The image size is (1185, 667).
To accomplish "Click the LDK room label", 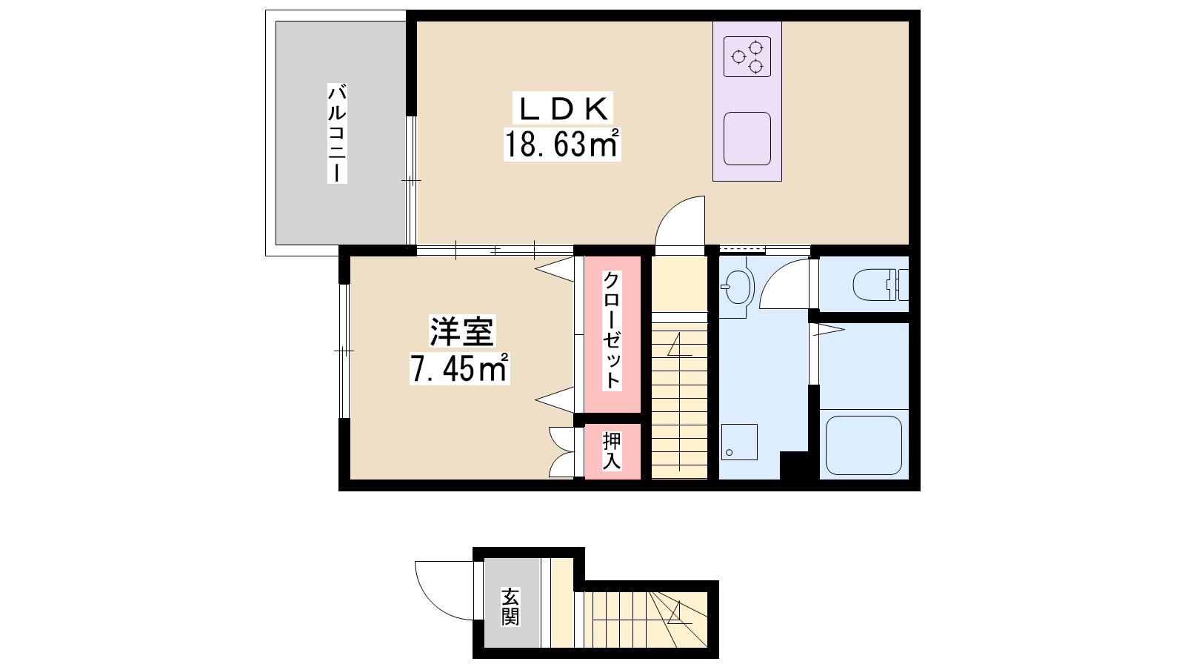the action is point(563,110).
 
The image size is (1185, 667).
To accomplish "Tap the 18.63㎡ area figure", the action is point(562,144).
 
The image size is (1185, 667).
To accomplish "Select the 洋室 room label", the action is point(462,332).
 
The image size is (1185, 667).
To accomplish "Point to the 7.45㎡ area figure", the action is point(460,368).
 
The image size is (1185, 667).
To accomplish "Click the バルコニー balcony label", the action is point(338,133).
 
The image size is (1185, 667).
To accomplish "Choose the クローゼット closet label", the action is point(612,331).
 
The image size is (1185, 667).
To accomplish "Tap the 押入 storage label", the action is point(612,451).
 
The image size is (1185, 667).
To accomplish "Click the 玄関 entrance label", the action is point(510,607).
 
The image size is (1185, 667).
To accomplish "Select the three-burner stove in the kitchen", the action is point(747,56).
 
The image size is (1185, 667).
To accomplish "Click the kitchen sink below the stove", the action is point(747,139).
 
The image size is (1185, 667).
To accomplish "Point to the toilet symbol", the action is point(881,285).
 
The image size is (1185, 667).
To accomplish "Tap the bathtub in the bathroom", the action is point(864,445).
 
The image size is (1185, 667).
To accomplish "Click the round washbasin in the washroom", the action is point(737,287).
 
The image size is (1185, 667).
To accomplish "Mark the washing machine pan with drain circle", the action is point(739,442).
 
